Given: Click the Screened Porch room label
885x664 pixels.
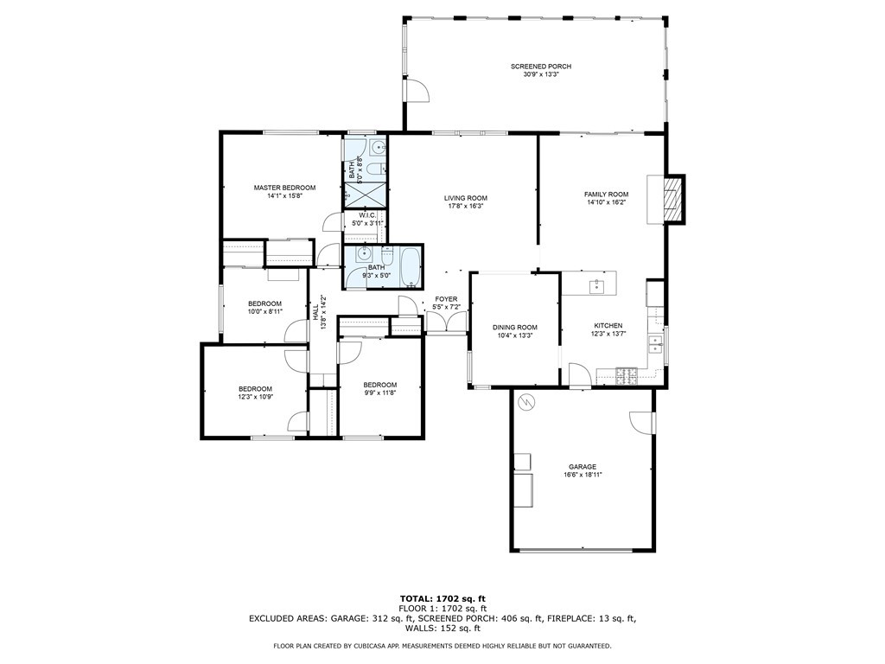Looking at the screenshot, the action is (541, 67).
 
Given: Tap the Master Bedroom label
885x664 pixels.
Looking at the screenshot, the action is (284, 188).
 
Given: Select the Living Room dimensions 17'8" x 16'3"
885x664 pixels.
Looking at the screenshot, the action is (466, 206).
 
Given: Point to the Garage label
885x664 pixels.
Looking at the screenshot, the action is (583, 467).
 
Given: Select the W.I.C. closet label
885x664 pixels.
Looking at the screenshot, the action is (367, 215).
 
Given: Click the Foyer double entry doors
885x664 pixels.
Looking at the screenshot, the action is (446, 322).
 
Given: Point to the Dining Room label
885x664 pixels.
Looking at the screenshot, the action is (515, 328).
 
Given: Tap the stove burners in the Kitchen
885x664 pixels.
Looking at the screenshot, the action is (627, 375).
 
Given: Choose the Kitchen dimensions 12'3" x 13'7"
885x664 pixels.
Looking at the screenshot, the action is (608, 334).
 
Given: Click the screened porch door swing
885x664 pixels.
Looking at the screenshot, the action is (417, 90).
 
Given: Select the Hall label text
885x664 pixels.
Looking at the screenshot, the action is (315, 312).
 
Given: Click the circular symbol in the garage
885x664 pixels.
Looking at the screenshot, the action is (525, 402).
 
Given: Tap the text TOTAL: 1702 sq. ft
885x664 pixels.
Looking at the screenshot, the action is (442, 598).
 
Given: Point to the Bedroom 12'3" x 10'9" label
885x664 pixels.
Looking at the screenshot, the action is (255, 393).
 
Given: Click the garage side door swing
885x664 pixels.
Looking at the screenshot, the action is (642, 422).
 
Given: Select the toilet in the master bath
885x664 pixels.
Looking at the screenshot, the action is (376, 169).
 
